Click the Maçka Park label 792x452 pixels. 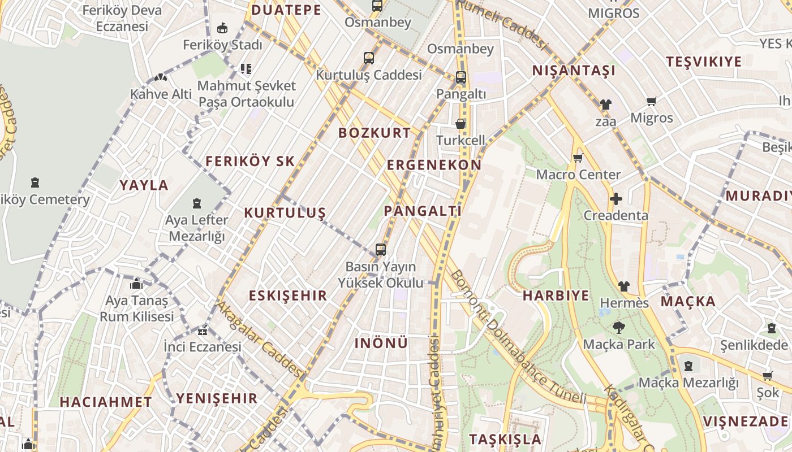[x=618, y=344]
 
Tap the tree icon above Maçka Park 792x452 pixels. [x=618, y=327]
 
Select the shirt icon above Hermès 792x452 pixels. [x=623, y=286]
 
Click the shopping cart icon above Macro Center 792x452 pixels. [x=578, y=158]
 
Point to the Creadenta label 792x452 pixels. [x=615, y=215]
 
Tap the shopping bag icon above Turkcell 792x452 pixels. [x=460, y=124]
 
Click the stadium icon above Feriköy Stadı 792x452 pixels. [x=222, y=28]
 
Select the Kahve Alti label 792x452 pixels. [x=161, y=94]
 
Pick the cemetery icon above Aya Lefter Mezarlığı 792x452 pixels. [x=197, y=203]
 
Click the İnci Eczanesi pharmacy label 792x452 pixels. [x=202, y=346]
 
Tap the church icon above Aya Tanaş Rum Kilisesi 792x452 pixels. [x=136, y=284]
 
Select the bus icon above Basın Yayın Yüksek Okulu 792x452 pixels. [x=381, y=250]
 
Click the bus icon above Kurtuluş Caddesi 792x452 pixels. [x=369, y=58]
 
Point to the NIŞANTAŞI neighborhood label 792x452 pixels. [x=574, y=71]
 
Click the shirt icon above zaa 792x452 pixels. [x=605, y=105]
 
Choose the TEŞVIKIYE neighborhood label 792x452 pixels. [x=703, y=62]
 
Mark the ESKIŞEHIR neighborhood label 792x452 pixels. [x=288, y=295]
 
